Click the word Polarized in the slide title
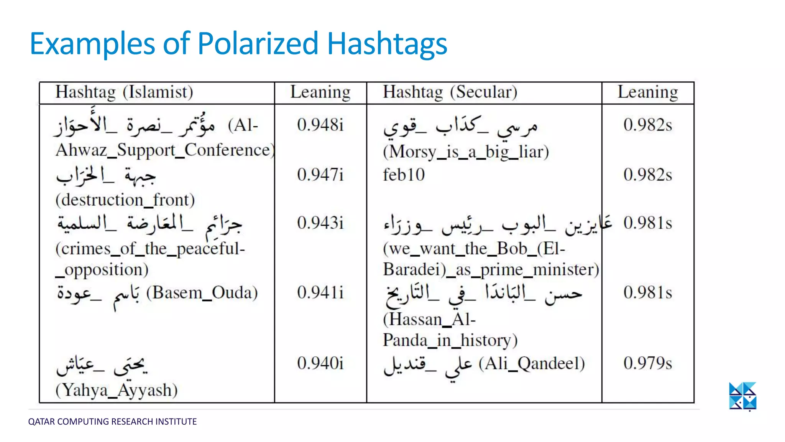pyautogui.click(x=258, y=43)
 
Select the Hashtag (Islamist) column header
pyautogui.click(x=124, y=92)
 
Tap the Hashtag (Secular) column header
pyautogui.click(x=450, y=92)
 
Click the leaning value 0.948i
pyautogui.click(x=320, y=125)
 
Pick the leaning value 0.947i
pyautogui.click(x=320, y=175)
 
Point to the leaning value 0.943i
pyautogui.click(x=320, y=223)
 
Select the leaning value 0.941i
pyautogui.click(x=320, y=293)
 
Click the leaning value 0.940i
pyautogui.click(x=320, y=363)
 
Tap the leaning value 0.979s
pyautogui.click(x=648, y=363)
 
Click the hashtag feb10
pyautogui.click(x=404, y=175)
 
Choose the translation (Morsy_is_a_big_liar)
pyautogui.click(x=466, y=152)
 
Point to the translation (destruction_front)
pyautogui.click(x=125, y=200)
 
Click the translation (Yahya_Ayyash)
pyautogui.click(x=117, y=391)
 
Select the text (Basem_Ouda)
pyautogui.click(x=202, y=293)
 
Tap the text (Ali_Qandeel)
pyautogui.click(x=532, y=363)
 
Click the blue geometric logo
pyautogui.click(x=742, y=396)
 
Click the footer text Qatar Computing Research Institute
pyautogui.click(x=112, y=422)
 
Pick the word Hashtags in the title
pyautogui.click(x=387, y=43)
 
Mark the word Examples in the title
pyautogui.click(x=92, y=43)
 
